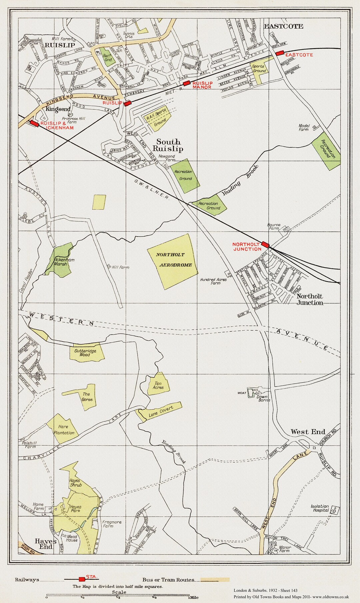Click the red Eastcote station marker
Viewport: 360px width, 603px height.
[x=279, y=53]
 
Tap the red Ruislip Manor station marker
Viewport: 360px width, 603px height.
[x=187, y=83]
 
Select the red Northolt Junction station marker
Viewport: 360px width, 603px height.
[x=265, y=245]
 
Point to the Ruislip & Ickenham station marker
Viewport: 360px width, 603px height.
[x=34, y=123]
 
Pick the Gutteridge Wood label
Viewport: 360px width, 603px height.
[x=85, y=353]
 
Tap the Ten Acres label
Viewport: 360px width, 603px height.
[x=158, y=385]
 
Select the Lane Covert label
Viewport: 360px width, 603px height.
[x=161, y=412]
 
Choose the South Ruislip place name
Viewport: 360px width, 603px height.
[x=170, y=145]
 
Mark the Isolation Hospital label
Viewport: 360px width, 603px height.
[x=320, y=508]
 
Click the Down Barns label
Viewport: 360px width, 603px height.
[x=263, y=398]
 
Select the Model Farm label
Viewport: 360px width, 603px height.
[x=304, y=128]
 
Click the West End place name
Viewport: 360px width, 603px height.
[x=308, y=432]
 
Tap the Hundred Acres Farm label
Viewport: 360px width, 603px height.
[x=214, y=281]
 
